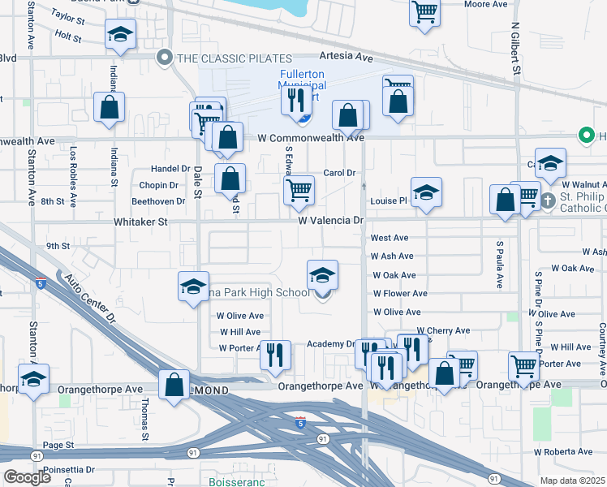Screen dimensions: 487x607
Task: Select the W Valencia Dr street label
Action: pyautogui.click(x=330, y=220)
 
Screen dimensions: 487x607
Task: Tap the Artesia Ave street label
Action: pyautogui.click(x=346, y=57)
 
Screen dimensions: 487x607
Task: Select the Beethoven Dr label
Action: pyautogui.click(x=157, y=200)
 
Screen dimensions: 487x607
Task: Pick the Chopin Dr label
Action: pyautogui.click(x=157, y=185)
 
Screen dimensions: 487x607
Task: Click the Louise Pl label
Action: pyautogui.click(x=388, y=200)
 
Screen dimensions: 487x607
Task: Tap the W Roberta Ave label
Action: pyautogui.click(x=563, y=451)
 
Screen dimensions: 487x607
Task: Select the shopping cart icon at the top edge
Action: pyautogui.click(x=424, y=12)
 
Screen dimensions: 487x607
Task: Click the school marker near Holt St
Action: pyautogui.click(x=121, y=35)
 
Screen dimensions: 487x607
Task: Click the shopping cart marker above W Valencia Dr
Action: pyautogui.click(x=299, y=191)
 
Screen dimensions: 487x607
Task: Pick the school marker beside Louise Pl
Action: pyautogui.click(x=426, y=193)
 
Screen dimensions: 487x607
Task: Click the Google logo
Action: pyautogui.click(x=27, y=477)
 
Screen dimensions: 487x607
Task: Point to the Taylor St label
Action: pyautogui.click(x=67, y=15)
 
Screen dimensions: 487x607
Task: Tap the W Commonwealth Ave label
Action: pyautogui.click(x=311, y=138)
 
